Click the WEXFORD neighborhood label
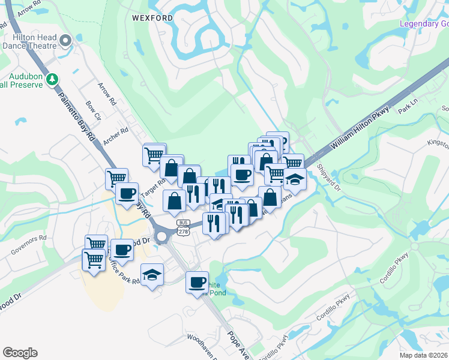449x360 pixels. click(x=152, y=18)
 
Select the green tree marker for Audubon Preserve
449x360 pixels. click(x=53, y=79)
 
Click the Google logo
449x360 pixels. click(x=20, y=353)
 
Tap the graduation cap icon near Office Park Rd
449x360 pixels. click(x=152, y=274)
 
